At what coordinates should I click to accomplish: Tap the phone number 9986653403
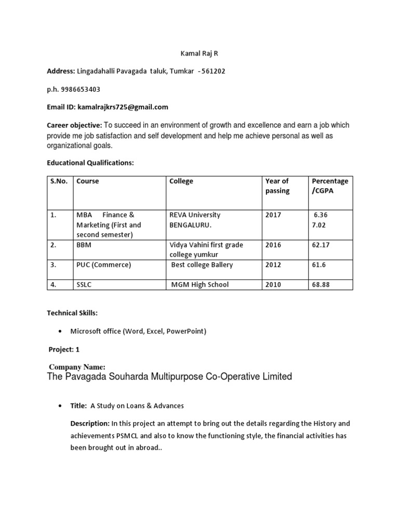(81, 89)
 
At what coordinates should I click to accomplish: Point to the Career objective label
(74, 125)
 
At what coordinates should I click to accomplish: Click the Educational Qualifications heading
(90, 163)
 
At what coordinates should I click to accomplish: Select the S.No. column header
(59, 181)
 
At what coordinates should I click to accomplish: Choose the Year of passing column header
(277, 186)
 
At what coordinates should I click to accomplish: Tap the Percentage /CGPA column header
(329, 186)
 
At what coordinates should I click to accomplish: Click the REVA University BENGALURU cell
(195, 219)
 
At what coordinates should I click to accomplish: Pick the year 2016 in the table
(273, 245)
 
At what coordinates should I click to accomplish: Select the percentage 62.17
(321, 245)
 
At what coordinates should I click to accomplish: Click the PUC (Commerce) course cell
(104, 265)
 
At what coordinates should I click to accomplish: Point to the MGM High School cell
(200, 284)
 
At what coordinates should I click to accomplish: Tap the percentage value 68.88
(321, 284)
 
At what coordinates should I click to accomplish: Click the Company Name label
(77, 367)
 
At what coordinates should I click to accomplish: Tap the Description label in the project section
(90, 424)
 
